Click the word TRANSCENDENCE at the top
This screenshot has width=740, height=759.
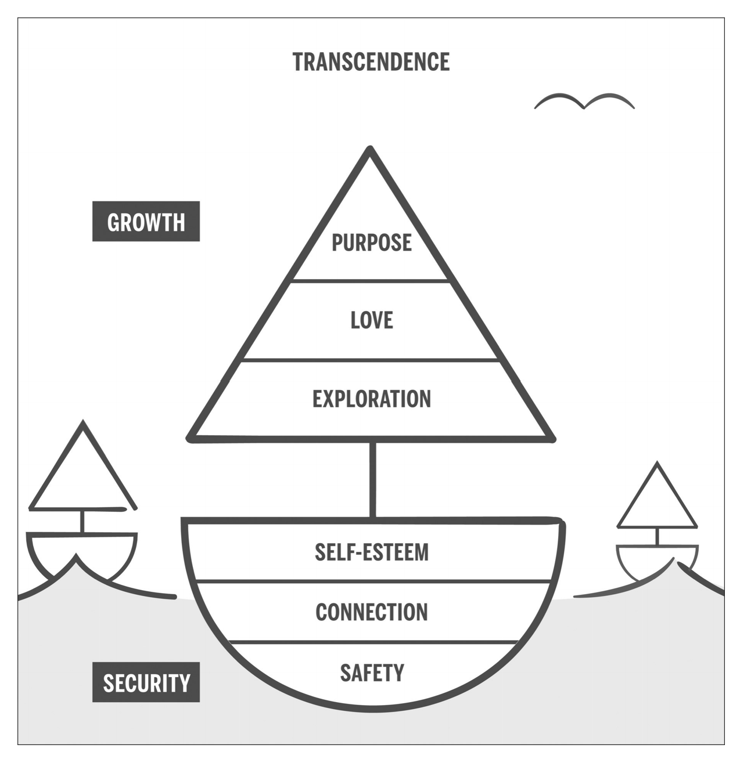coord(371,62)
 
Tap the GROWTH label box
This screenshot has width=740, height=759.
coord(146,222)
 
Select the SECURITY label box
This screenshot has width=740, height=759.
coord(146,682)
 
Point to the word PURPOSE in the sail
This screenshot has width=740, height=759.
coord(371,243)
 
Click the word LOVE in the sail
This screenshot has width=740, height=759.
coord(371,320)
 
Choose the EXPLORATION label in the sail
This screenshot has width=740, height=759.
coord(371,399)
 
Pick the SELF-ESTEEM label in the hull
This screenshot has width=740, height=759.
coord(371,552)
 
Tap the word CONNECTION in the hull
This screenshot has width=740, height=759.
coord(371,612)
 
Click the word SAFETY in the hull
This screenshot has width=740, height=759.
coord(371,673)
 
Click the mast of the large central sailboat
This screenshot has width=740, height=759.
coord(372,479)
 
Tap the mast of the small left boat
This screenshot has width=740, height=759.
coord(82,521)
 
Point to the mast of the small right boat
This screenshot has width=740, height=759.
coord(657,536)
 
